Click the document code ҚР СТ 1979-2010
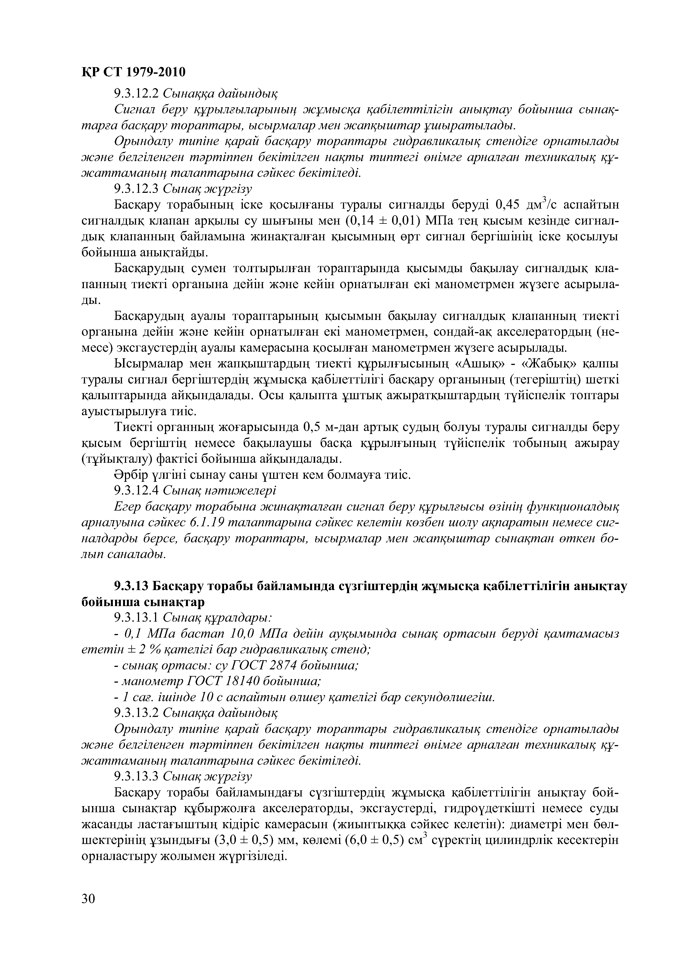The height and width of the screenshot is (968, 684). click(133, 72)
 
